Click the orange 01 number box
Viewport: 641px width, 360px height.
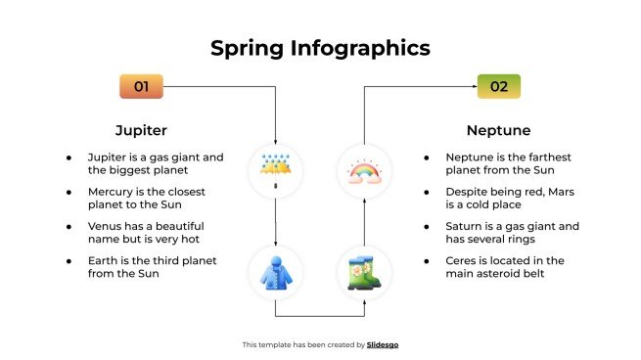[x=141, y=86]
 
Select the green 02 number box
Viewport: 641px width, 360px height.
[x=498, y=86]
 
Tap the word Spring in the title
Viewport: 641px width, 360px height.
[x=250, y=48]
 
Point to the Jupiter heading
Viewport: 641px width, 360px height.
[x=141, y=130]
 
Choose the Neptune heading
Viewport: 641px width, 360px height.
[x=498, y=130]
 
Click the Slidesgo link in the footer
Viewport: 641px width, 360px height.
[x=383, y=344]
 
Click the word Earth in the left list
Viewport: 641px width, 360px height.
[x=104, y=260]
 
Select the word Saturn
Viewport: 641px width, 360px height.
[x=465, y=226]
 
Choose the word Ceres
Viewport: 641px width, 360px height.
[x=461, y=260]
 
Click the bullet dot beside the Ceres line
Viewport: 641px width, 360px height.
[x=426, y=260]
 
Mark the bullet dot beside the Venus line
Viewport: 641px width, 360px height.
[x=69, y=226]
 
